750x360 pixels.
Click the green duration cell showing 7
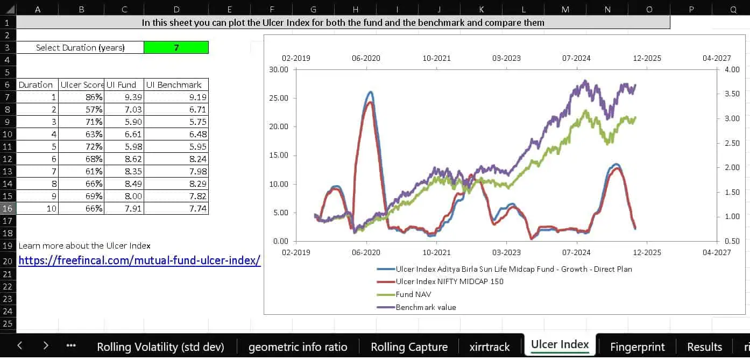176,47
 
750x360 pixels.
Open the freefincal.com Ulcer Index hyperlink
139,260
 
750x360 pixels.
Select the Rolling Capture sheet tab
409,347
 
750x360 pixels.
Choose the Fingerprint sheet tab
637,347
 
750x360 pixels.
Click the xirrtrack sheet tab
489,347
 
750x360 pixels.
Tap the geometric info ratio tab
298,347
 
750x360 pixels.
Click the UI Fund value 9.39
124,97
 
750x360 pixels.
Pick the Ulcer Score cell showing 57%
81,110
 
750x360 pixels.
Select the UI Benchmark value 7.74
176,208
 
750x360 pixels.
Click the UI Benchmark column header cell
176,84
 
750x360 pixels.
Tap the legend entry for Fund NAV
413,294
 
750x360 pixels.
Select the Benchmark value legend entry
426,307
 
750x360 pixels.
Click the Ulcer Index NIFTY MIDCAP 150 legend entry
449,281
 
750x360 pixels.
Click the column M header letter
565,9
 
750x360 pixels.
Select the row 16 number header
8,208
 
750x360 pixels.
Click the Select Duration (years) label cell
80,47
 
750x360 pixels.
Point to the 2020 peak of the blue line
370,92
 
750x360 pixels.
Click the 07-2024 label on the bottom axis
576,252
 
